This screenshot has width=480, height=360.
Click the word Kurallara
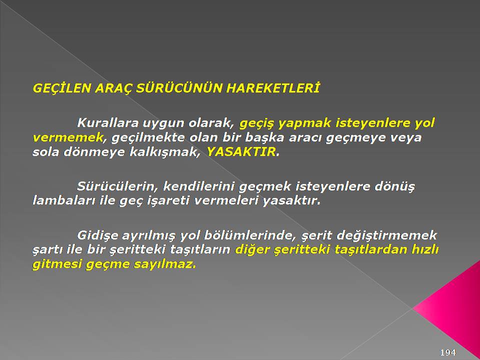point(108,123)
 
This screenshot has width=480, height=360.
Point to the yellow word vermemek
point(67,137)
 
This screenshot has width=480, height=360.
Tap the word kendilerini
point(198,186)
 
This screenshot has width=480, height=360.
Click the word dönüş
point(394,186)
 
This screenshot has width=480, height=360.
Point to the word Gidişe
point(97,235)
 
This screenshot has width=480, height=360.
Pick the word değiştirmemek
point(386,235)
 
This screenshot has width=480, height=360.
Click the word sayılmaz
point(164,264)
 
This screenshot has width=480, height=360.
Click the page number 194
point(448,352)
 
